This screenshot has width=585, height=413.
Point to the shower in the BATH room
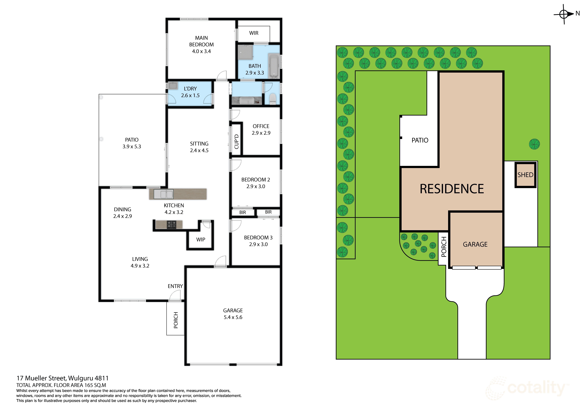click(245, 52)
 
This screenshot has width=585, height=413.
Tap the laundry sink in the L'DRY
click(173, 86)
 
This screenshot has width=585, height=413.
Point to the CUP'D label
click(236, 142)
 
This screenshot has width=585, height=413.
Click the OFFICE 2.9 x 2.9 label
click(261, 129)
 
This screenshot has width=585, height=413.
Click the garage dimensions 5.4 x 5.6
click(233, 317)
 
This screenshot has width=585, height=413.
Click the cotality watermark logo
click(527, 388)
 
